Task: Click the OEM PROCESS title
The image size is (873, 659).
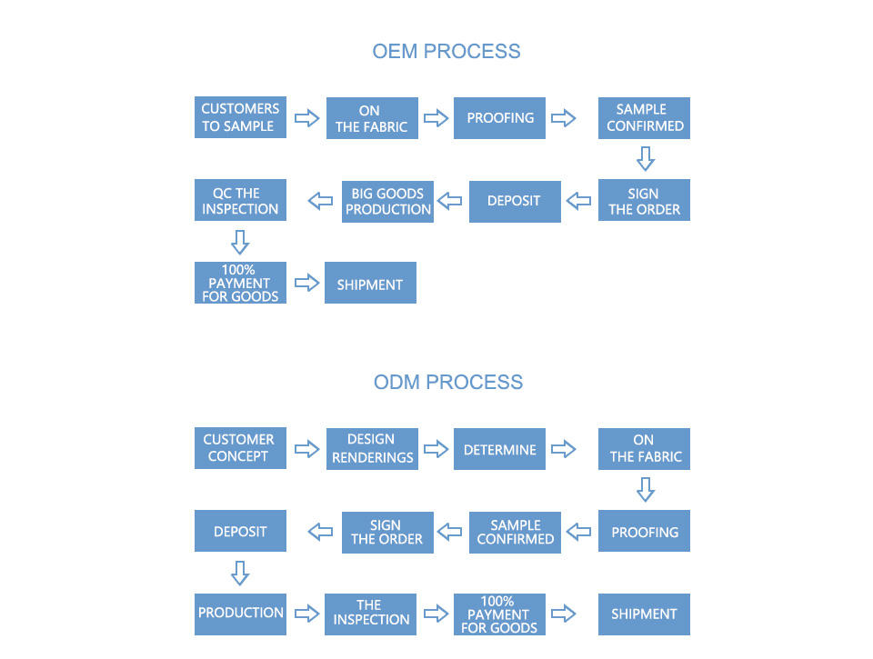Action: (x=446, y=51)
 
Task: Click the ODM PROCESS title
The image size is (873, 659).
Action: (x=447, y=382)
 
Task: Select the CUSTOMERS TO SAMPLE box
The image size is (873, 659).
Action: (x=240, y=117)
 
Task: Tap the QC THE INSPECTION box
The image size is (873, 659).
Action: (x=240, y=201)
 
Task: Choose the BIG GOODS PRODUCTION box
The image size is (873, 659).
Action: (x=387, y=201)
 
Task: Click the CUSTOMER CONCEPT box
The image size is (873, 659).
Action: (x=240, y=448)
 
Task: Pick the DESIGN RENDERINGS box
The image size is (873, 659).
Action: (x=372, y=448)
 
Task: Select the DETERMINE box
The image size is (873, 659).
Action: (x=499, y=449)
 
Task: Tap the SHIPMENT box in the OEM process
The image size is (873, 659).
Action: (x=370, y=284)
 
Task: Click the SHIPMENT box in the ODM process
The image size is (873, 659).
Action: (x=644, y=614)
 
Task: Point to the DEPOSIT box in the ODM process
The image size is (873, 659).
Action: (x=240, y=531)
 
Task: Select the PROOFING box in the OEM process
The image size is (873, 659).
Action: (x=499, y=118)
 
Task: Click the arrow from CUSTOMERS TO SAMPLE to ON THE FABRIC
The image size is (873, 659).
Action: (x=307, y=118)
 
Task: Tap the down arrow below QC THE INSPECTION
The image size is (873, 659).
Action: (x=239, y=242)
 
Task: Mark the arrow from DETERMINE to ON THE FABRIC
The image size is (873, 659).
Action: (x=564, y=449)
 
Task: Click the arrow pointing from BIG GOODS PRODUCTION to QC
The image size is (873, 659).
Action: (x=320, y=201)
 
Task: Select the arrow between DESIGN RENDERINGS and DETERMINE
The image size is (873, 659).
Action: (x=436, y=449)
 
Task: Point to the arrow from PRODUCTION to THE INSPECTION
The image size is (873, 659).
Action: (x=307, y=614)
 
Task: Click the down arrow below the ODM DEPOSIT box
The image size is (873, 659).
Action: (x=239, y=573)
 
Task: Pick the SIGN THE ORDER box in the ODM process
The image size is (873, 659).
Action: (x=387, y=532)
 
